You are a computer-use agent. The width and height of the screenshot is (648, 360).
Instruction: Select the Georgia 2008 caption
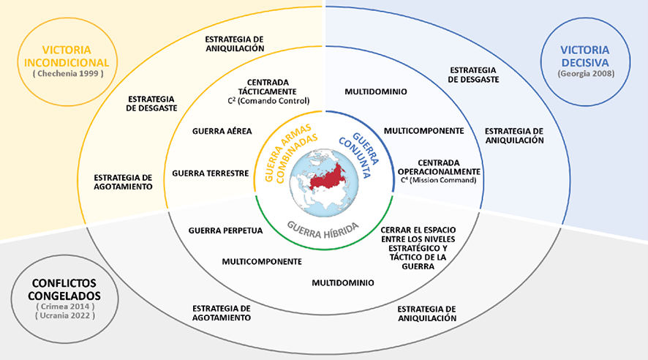point(584,74)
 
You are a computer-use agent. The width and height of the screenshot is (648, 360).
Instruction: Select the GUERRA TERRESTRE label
point(211,173)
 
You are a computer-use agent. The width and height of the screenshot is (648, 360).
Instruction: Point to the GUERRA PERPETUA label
point(225,230)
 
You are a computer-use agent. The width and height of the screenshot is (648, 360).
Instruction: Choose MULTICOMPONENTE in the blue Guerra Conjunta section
point(423,131)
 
